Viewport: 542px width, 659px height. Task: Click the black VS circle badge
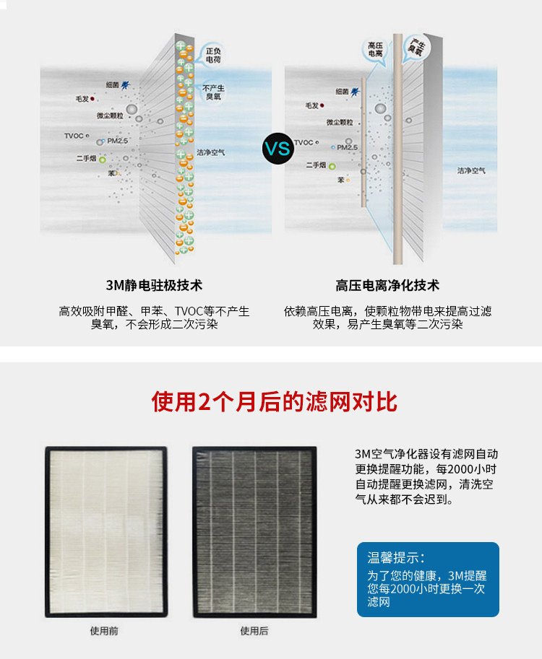[x=277, y=149]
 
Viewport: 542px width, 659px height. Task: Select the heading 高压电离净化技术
[x=387, y=286]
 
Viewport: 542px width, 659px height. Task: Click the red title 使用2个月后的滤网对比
[x=274, y=402]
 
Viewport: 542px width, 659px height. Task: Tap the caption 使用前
[x=104, y=631]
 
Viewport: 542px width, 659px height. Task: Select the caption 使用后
[x=254, y=631]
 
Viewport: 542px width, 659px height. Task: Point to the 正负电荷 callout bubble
[x=212, y=56]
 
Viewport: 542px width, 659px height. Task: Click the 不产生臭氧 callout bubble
[x=213, y=91]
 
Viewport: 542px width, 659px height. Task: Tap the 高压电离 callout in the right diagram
[x=375, y=49]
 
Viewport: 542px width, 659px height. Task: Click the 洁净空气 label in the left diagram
[x=211, y=153]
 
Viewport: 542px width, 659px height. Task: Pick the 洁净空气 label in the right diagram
[x=471, y=171]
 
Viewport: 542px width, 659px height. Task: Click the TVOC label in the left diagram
[x=74, y=136]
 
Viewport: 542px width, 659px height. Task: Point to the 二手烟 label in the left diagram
[x=86, y=157]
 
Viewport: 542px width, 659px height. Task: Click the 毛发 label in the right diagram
[x=312, y=105]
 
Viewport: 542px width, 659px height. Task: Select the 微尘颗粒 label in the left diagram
[x=109, y=115]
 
